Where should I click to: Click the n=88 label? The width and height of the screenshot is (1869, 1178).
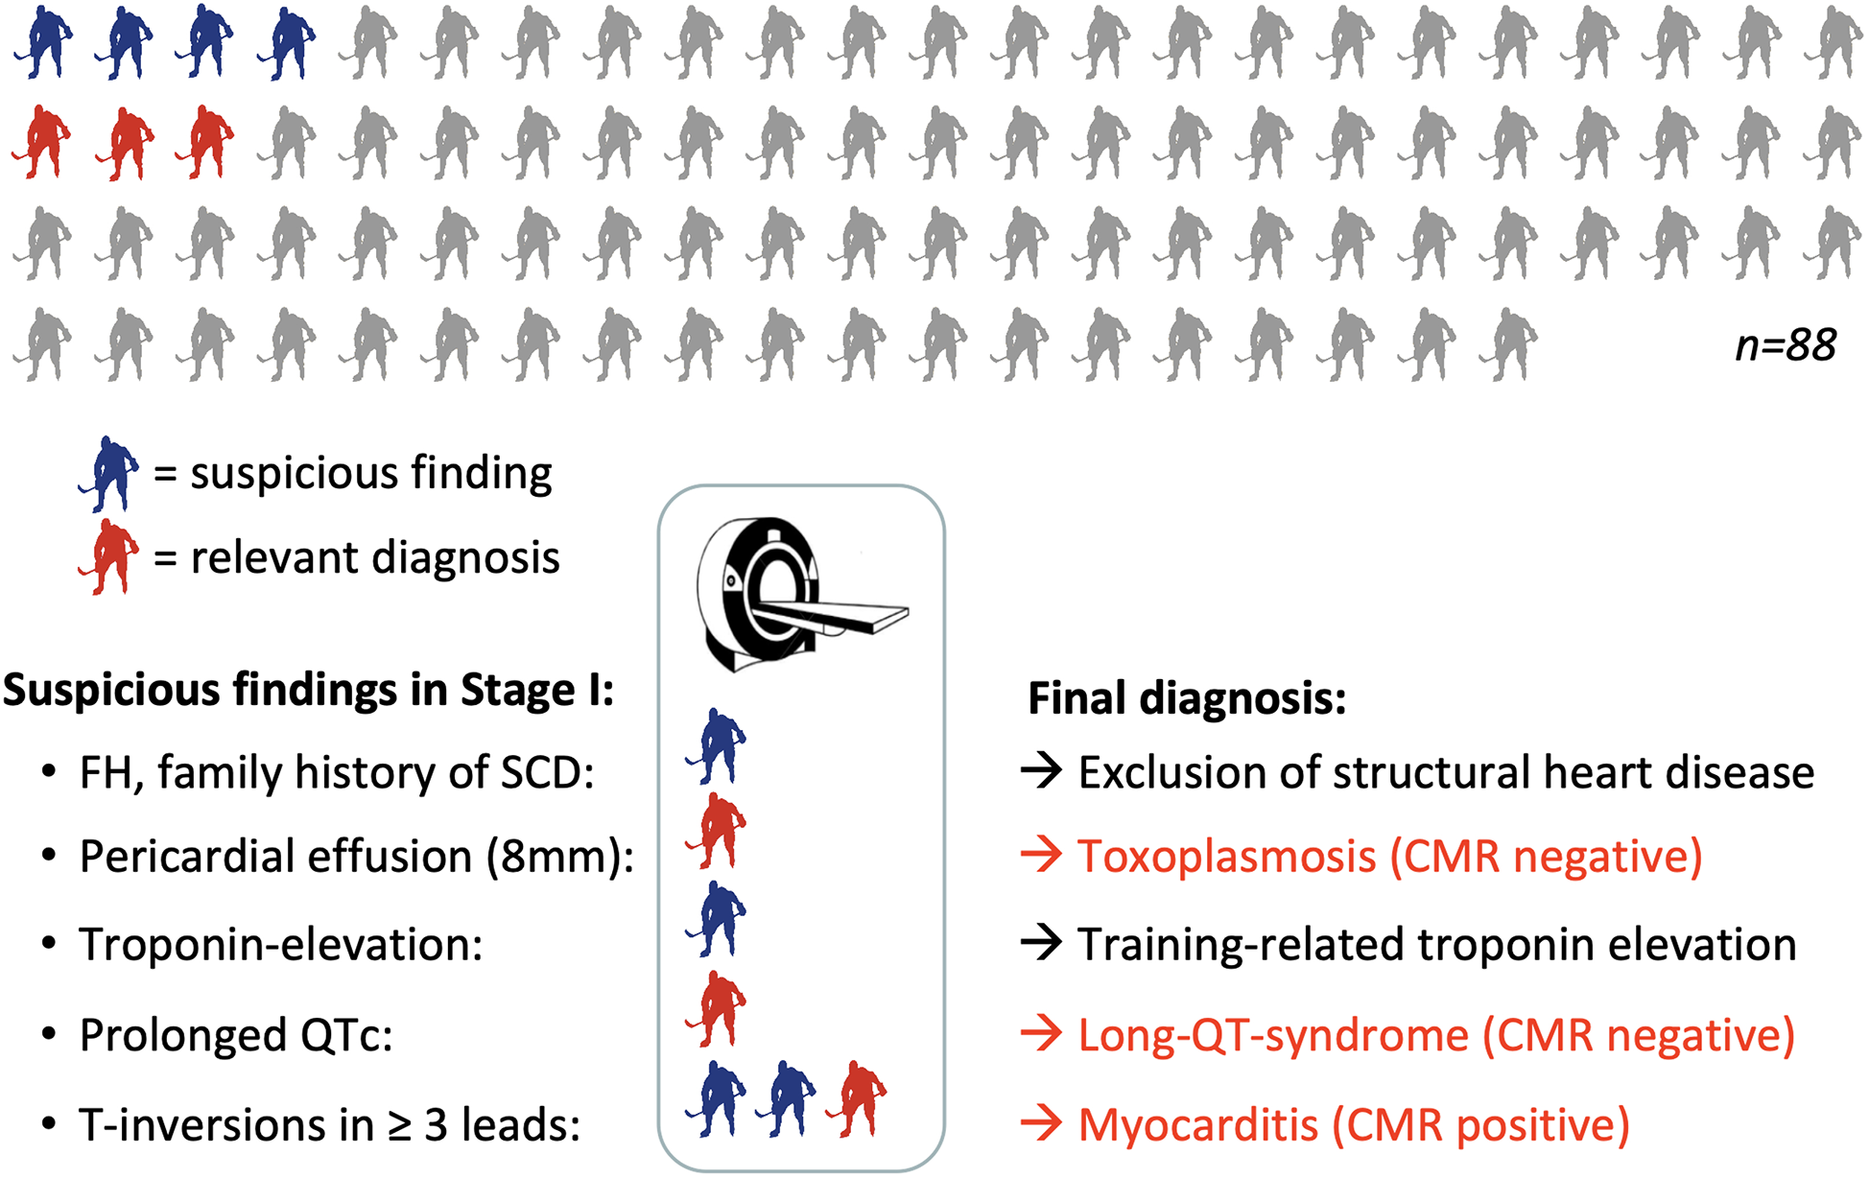click(1786, 345)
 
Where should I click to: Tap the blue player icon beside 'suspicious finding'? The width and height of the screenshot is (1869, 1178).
click(109, 473)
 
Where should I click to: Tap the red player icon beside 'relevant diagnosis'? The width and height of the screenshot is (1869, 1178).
click(109, 556)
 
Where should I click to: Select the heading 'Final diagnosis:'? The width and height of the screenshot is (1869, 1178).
click(1187, 698)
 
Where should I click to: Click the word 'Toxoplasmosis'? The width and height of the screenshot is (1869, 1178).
click(1227, 857)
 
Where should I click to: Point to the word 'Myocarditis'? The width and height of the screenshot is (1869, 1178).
click(1198, 1125)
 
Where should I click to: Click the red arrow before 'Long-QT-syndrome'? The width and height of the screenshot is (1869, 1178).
click(1041, 1035)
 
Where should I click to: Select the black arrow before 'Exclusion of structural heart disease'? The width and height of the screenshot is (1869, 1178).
click(1041, 770)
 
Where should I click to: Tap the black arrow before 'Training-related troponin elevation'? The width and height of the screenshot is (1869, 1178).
click(1041, 944)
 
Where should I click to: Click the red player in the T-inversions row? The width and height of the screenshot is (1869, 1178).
click(859, 1099)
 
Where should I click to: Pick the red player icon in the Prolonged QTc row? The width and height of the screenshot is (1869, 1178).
click(717, 1008)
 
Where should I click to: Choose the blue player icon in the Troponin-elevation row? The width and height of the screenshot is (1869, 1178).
click(717, 919)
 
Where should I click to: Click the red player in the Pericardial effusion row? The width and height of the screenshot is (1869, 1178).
click(717, 831)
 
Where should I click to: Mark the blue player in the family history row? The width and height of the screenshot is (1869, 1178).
click(717, 746)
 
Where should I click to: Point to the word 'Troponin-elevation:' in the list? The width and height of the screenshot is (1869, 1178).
click(281, 945)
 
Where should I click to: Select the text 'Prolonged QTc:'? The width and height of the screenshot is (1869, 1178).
click(236, 1036)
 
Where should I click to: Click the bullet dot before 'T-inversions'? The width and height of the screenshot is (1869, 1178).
click(49, 1125)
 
